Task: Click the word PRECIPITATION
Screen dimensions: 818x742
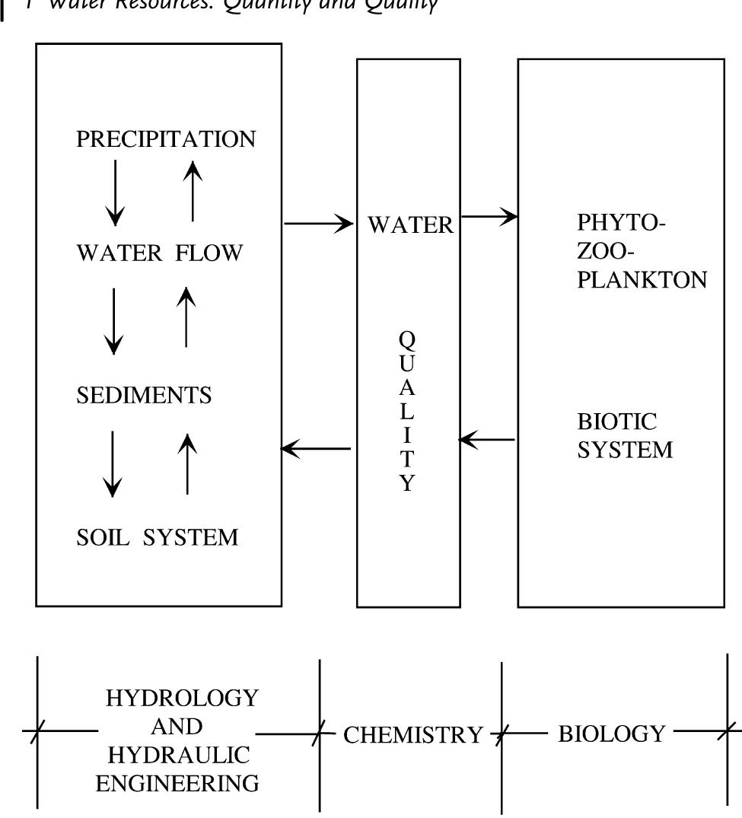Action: coord(166,140)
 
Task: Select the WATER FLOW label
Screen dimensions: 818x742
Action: coord(159,253)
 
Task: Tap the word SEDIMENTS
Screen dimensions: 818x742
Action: coord(144,396)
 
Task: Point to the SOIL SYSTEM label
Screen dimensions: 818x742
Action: coord(157,538)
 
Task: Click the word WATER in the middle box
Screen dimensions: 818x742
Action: coord(410,225)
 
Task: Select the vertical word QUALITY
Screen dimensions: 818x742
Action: coord(408,411)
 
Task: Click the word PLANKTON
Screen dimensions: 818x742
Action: coord(642,279)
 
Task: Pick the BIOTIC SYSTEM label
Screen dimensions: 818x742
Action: coord(624,435)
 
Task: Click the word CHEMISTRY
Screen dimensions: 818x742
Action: coord(413,735)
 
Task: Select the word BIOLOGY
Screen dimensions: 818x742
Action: coord(611,734)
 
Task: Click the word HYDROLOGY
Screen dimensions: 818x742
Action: coord(182,698)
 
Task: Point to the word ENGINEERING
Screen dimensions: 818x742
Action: coord(177,783)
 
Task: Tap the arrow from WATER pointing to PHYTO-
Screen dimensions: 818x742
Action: coord(489,217)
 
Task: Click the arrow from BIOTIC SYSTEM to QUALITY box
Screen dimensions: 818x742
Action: coord(488,440)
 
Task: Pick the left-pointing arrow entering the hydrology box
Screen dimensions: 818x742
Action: coord(316,449)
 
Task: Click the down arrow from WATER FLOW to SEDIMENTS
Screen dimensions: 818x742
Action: coord(114,320)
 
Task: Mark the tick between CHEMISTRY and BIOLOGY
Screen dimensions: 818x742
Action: coord(501,736)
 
